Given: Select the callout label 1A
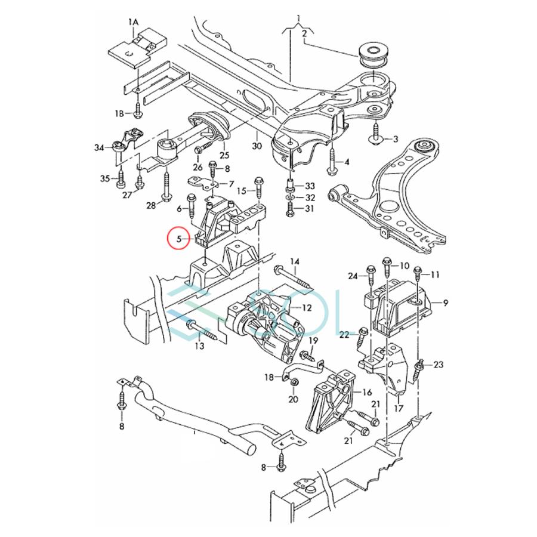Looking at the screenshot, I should tap(132, 22).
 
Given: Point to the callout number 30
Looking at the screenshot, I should tap(256, 146).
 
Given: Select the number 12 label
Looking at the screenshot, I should tap(307, 308).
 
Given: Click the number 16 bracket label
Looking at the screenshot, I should tap(368, 392).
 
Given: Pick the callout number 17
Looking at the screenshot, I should tap(398, 409).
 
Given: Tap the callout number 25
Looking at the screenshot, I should tap(224, 155).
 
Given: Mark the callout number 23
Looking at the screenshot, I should tap(438, 364).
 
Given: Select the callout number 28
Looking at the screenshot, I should tap(152, 206).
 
